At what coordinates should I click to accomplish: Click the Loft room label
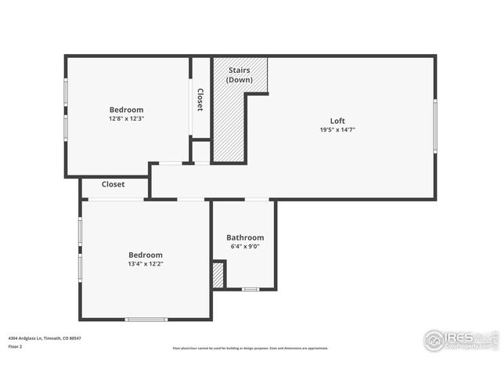(x=337, y=121)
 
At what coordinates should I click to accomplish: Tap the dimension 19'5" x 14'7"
(x=337, y=130)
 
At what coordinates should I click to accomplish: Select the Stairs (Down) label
(x=239, y=75)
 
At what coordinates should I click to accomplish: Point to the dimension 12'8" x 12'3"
(x=126, y=118)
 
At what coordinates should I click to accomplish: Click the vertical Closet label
(x=200, y=99)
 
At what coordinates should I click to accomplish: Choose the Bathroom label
(x=245, y=237)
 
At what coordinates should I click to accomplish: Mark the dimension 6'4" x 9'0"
(x=245, y=247)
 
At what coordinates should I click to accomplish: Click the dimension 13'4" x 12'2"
(x=146, y=264)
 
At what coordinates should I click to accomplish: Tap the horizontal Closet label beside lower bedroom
(x=113, y=184)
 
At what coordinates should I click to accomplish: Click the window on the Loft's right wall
(x=434, y=125)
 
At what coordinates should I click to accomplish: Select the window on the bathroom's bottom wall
(x=250, y=289)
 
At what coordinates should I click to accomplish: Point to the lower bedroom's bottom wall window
(x=146, y=319)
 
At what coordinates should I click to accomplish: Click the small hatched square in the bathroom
(x=218, y=275)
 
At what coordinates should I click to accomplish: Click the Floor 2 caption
(x=15, y=345)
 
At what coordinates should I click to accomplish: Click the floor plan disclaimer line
(x=250, y=349)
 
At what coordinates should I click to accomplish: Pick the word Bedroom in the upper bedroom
(x=126, y=110)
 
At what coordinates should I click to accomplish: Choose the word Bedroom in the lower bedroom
(x=146, y=255)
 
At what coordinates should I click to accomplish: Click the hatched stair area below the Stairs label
(x=229, y=125)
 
